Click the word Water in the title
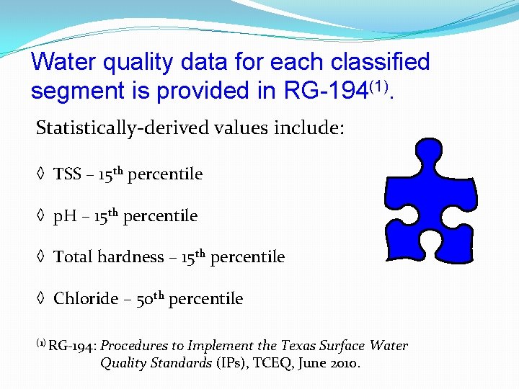tap(62, 62)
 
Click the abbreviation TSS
tap(68, 174)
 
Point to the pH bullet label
tap(66, 216)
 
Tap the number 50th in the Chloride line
tap(149, 298)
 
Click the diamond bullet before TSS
tap(41, 174)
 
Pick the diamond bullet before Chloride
tap(41, 298)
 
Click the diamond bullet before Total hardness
tap(41, 257)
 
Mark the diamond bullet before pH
tap(41, 216)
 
